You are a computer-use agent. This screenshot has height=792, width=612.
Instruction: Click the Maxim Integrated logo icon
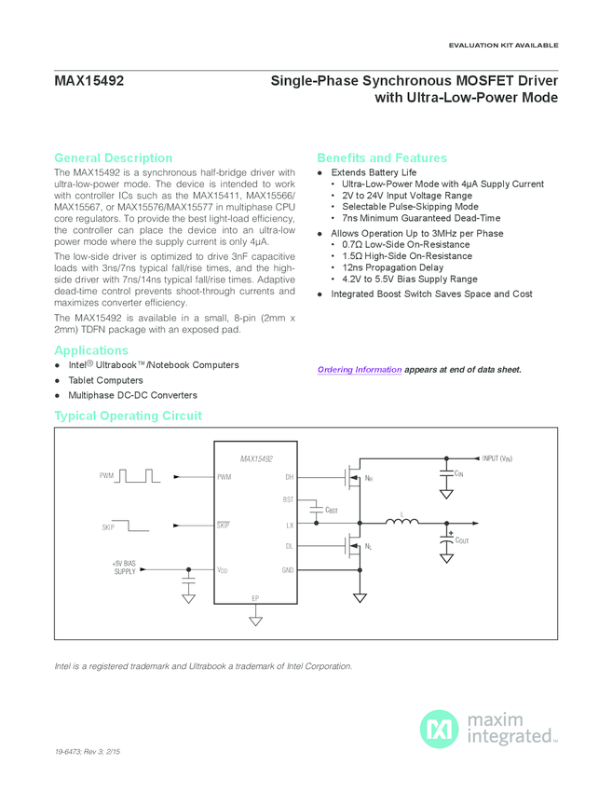point(439,728)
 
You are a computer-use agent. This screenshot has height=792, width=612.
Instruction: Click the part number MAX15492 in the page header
point(89,82)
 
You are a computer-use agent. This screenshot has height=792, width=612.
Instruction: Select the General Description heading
point(113,157)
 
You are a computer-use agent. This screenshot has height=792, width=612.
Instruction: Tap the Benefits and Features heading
point(382,157)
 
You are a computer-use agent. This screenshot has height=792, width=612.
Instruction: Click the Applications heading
point(91,350)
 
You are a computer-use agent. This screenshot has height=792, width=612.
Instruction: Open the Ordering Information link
point(360,370)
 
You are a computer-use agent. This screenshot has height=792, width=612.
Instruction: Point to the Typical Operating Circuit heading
point(128,416)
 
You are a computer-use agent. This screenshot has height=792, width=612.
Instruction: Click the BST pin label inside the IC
point(288,500)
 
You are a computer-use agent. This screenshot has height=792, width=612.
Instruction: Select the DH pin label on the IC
point(289,477)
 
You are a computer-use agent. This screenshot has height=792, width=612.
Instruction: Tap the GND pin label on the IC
point(288,569)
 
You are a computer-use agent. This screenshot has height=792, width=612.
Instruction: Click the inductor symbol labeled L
point(401,523)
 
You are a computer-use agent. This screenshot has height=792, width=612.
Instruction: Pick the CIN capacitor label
point(457,474)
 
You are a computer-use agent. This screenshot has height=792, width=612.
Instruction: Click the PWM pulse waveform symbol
point(140,476)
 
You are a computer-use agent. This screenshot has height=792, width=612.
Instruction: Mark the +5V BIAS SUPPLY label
point(124,567)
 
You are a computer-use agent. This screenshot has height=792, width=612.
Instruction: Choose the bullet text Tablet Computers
point(105,380)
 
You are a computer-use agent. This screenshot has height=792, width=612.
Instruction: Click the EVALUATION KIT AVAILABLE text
point(503,45)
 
